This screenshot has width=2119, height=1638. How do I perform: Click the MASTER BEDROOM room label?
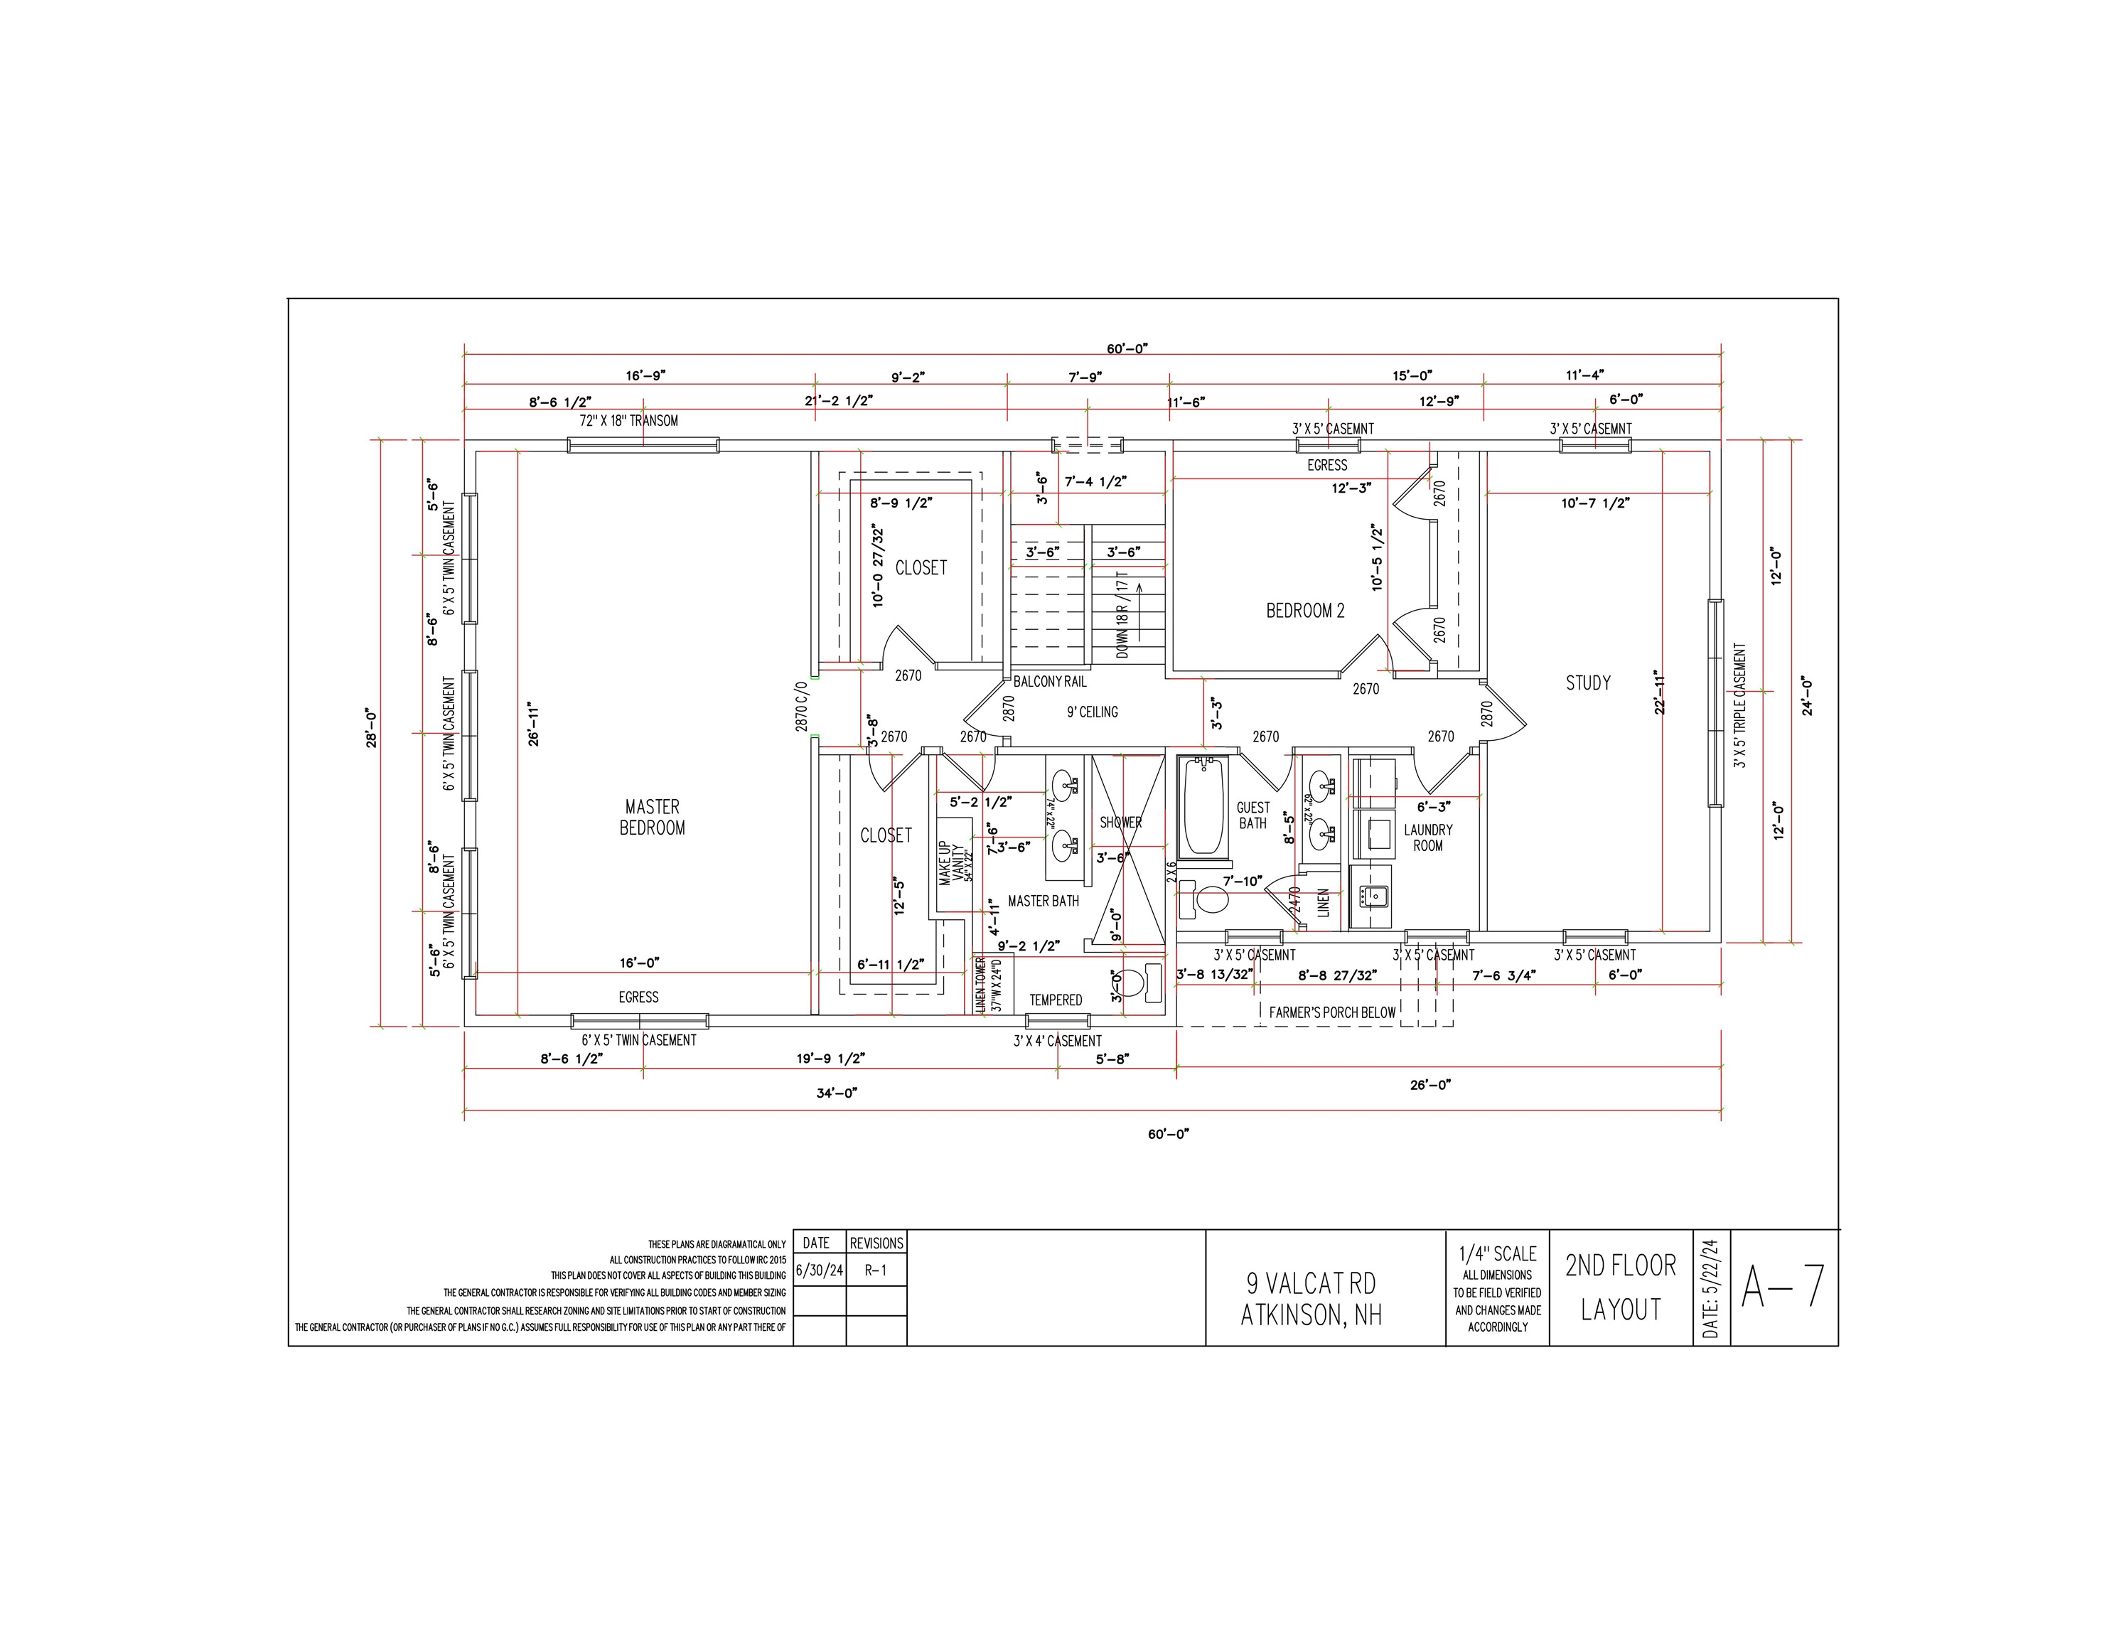(652, 817)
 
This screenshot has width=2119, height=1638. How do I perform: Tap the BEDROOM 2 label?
(1305, 611)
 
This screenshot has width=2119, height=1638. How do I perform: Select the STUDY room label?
(1587, 683)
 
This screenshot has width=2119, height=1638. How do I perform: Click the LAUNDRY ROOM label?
(1427, 837)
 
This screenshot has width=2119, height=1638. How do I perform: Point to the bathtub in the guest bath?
(1203, 808)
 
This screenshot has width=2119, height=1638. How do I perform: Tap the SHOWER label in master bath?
(1120, 822)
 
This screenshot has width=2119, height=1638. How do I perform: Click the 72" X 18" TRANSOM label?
(628, 421)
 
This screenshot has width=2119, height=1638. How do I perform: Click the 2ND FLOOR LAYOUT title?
(1620, 1288)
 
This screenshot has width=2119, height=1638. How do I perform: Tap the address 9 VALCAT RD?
(1311, 1283)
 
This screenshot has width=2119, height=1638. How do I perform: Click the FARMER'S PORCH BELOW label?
(1332, 1012)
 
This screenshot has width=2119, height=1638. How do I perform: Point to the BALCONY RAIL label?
(1050, 681)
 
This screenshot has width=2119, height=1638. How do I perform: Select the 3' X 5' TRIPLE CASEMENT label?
(1739, 705)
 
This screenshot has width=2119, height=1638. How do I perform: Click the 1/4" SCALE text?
(1497, 1253)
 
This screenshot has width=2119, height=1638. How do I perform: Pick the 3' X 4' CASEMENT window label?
(1058, 1040)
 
